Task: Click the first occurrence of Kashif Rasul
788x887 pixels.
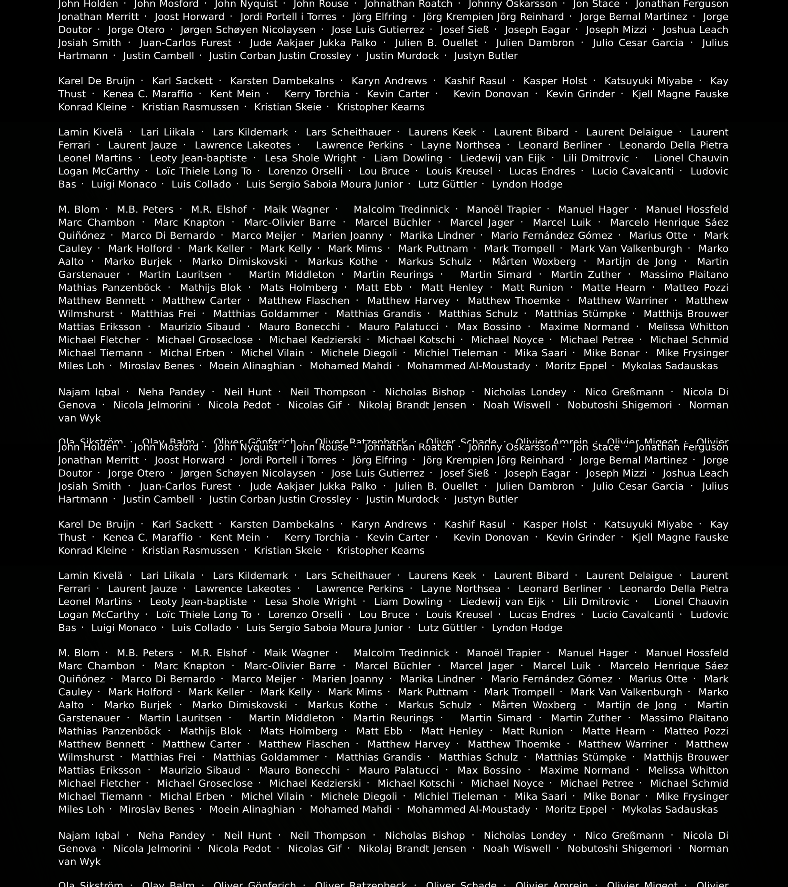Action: pyautogui.click(x=475, y=81)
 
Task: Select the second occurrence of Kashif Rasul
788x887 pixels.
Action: pyautogui.click(x=475, y=525)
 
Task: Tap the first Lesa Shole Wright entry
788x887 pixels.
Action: pyautogui.click(x=310, y=158)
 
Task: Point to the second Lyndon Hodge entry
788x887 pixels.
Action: pyautogui.click(x=527, y=628)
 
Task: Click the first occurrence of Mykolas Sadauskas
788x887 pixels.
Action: pyautogui.click(x=670, y=366)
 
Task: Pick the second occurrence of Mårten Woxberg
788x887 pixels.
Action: pyautogui.click(x=534, y=705)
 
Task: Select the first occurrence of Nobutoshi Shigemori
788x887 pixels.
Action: pyautogui.click(x=620, y=405)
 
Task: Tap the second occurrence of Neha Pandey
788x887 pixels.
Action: pyautogui.click(x=171, y=836)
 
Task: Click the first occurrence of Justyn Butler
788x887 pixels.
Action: pyautogui.click(x=486, y=56)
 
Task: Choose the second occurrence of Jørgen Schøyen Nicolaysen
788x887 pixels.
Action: pyautogui.click(x=248, y=473)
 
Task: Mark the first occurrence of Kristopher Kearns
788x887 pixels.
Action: pyautogui.click(x=380, y=107)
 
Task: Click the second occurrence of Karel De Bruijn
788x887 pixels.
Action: pyautogui.click(x=96, y=525)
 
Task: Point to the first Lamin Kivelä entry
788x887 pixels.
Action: pyautogui.click(x=91, y=132)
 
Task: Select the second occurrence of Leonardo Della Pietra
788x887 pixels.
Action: pyautogui.click(x=674, y=589)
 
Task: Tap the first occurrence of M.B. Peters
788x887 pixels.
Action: pyautogui.click(x=145, y=210)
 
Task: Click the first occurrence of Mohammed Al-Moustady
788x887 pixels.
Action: pyautogui.click(x=468, y=366)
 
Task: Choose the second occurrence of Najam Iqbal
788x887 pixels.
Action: pyautogui.click(x=89, y=836)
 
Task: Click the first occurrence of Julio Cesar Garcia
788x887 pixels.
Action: pyautogui.click(x=638, y=43)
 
